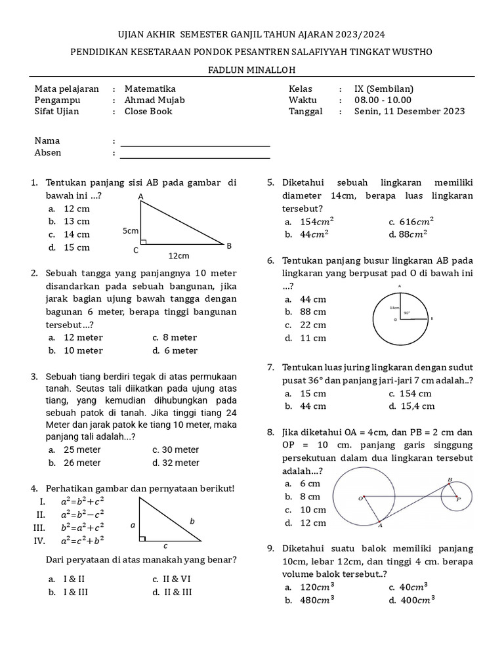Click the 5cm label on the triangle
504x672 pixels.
coord(131,231)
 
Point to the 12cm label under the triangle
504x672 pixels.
coord(178,255)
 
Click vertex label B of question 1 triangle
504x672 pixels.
coord(229,246)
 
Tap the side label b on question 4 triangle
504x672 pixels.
coord(192,520)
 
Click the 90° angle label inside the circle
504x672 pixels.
coord(407,314)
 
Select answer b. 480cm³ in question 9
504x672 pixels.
coord(313,600)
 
